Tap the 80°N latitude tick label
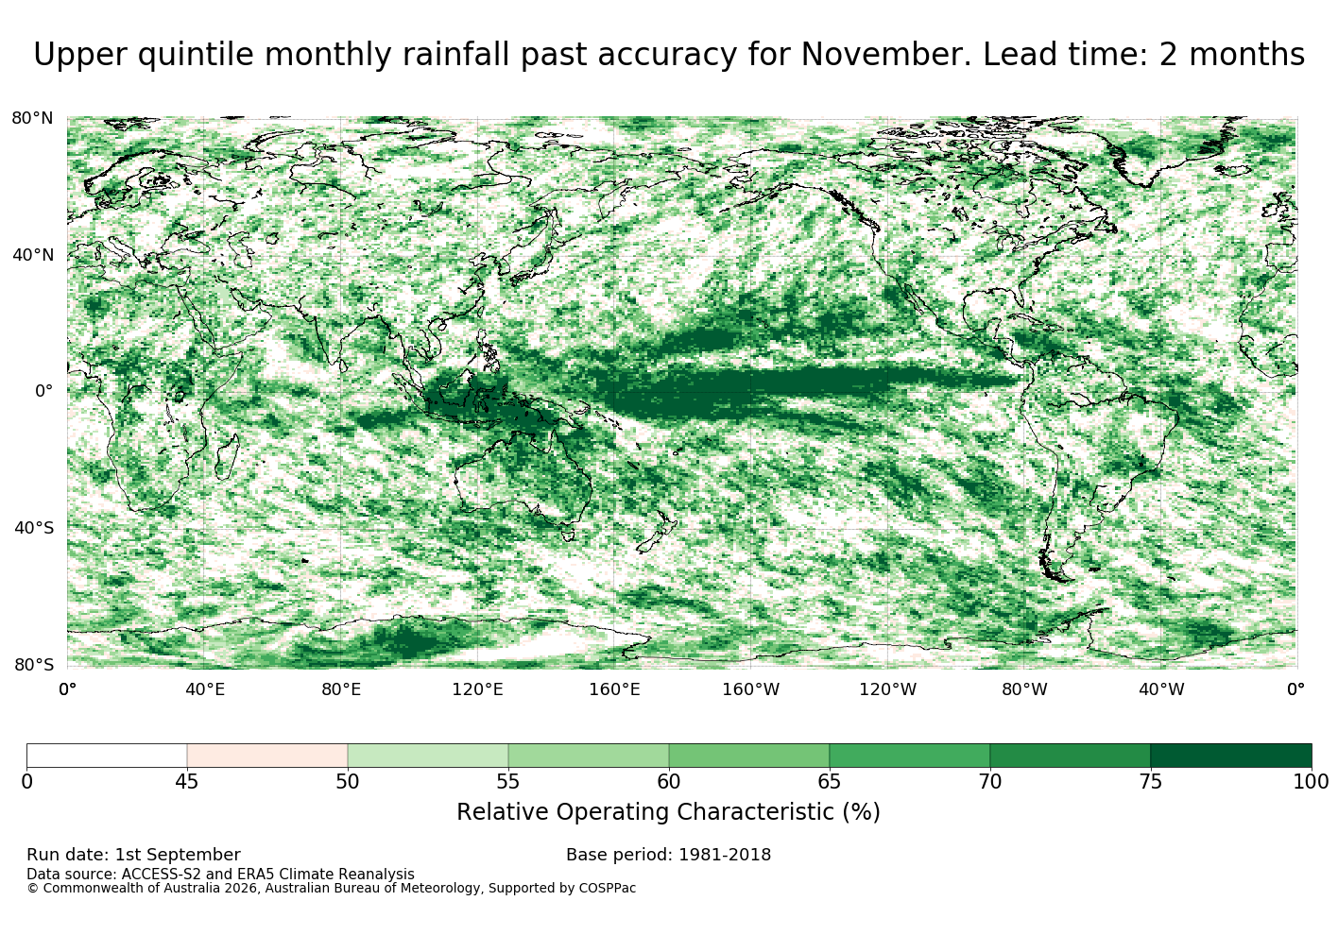32,118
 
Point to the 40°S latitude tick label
33,528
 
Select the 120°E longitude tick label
477,689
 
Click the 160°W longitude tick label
751,689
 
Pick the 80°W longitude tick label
1024,689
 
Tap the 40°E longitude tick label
205,689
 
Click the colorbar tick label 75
1151,782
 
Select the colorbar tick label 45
187,782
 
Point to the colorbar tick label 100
1311,782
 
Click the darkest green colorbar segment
1231,756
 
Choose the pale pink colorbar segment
267,756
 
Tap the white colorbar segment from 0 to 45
107,756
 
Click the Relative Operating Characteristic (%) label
668,812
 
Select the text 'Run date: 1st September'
134,855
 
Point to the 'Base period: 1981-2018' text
668,855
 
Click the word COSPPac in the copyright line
607,888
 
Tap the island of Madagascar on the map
227,457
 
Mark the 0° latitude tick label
43,391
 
